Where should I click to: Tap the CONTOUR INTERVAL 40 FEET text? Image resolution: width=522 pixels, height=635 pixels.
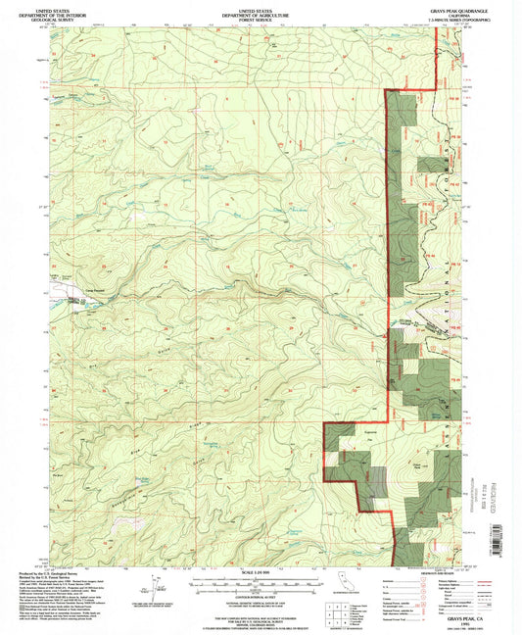[260, 594]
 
